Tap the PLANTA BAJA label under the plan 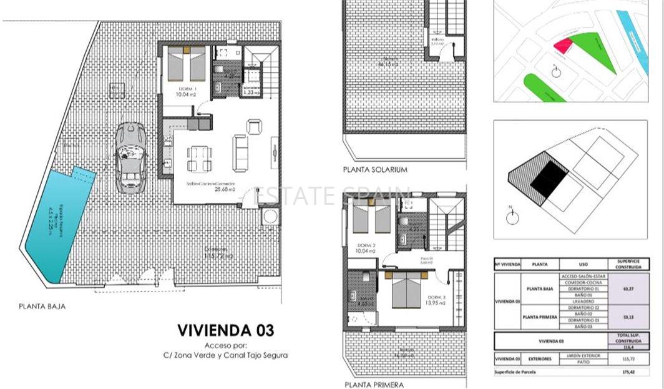42,307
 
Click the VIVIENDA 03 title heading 225,330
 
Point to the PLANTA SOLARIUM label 375,169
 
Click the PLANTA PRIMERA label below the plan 374,385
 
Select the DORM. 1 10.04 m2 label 187,93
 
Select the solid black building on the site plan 549,175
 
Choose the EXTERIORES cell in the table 539,359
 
